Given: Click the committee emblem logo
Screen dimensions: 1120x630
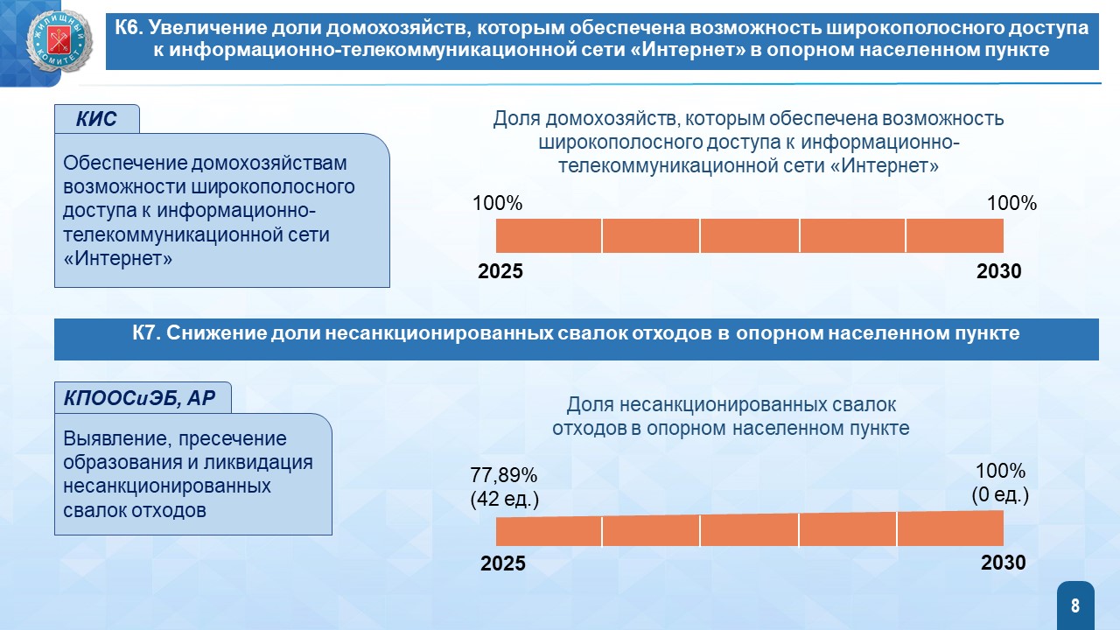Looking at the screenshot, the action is click(x=60, y=41).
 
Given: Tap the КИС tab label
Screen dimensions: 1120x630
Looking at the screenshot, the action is click(x=96, y=119).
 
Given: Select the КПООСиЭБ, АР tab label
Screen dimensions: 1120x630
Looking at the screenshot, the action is click(x=139, y=398).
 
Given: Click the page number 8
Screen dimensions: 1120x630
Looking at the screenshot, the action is click(x=1075, y=605).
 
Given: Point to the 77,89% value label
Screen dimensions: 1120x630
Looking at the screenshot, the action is click(x=503, y=475).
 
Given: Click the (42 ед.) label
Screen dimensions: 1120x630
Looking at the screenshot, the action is click(x=505, y=499).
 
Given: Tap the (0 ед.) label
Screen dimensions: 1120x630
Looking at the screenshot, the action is click(x=1000, y=494).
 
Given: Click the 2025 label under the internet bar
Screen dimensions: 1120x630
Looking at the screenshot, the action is click(x=500, y=271).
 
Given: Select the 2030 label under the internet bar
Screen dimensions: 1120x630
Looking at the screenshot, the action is click(x=999, y=271).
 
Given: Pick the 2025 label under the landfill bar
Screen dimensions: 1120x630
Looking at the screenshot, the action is click(x=503, y=563).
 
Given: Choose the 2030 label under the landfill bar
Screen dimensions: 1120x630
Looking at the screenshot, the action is click(x=1004, y=563).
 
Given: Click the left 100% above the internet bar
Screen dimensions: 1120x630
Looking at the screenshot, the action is click(x=498, y=203).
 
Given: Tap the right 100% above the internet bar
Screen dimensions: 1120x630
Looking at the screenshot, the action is click(x=1011, y=203).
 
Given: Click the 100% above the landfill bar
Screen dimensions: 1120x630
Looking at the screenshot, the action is click(x=1000, y=471).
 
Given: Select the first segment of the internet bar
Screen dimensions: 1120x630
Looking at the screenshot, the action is click(x=549, y=235).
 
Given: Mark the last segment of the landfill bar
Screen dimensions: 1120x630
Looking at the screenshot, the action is click(x=950, y=528).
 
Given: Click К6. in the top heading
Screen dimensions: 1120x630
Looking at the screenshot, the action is click(x=129, y=27).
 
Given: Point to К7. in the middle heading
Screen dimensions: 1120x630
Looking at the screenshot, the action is click(x=146, y=333).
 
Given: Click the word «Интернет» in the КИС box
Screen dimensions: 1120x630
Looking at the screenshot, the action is click(x=117, y=258).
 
